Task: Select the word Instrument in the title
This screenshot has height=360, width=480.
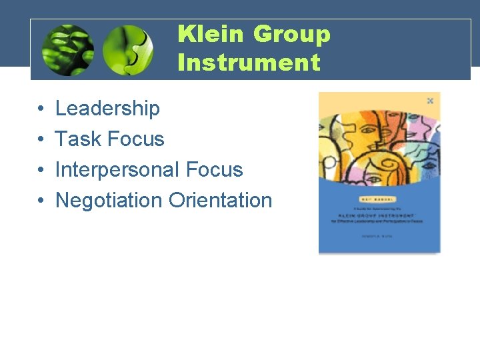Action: point(249,63)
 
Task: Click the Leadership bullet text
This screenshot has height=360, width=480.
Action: point(107,108)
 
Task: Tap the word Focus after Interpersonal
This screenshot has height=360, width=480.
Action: point(215,169)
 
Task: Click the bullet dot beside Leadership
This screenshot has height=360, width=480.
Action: point(41,109)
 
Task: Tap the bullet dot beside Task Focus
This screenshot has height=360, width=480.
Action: point(41,139)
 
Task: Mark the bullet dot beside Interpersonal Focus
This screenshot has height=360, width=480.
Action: point(41,170)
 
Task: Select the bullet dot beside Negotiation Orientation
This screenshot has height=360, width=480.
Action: point(41,201)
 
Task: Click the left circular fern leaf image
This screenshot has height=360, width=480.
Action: point(67,50)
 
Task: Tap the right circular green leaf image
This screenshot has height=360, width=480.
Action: point(128,50)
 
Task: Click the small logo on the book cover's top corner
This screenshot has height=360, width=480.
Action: point(430,101)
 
